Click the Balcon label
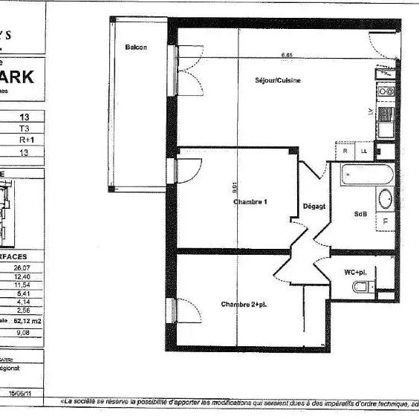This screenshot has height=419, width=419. (x=136, y=48)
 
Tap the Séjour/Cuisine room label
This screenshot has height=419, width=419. (x=279, y=80)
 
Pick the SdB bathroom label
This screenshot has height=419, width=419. (x=360, y=215)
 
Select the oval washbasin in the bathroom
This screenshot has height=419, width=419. (x=386, y=200)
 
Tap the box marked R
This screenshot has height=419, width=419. (x=346, y=151)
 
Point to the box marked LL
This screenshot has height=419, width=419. (x=364, y=151)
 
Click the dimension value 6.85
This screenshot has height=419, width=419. (x=287, y=55)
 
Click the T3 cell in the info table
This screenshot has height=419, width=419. (x=24, y=128)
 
